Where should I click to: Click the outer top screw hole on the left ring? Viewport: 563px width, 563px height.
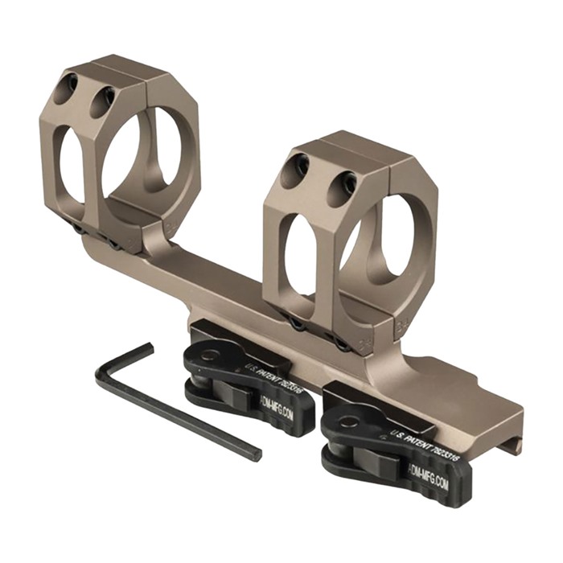point(70,83)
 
